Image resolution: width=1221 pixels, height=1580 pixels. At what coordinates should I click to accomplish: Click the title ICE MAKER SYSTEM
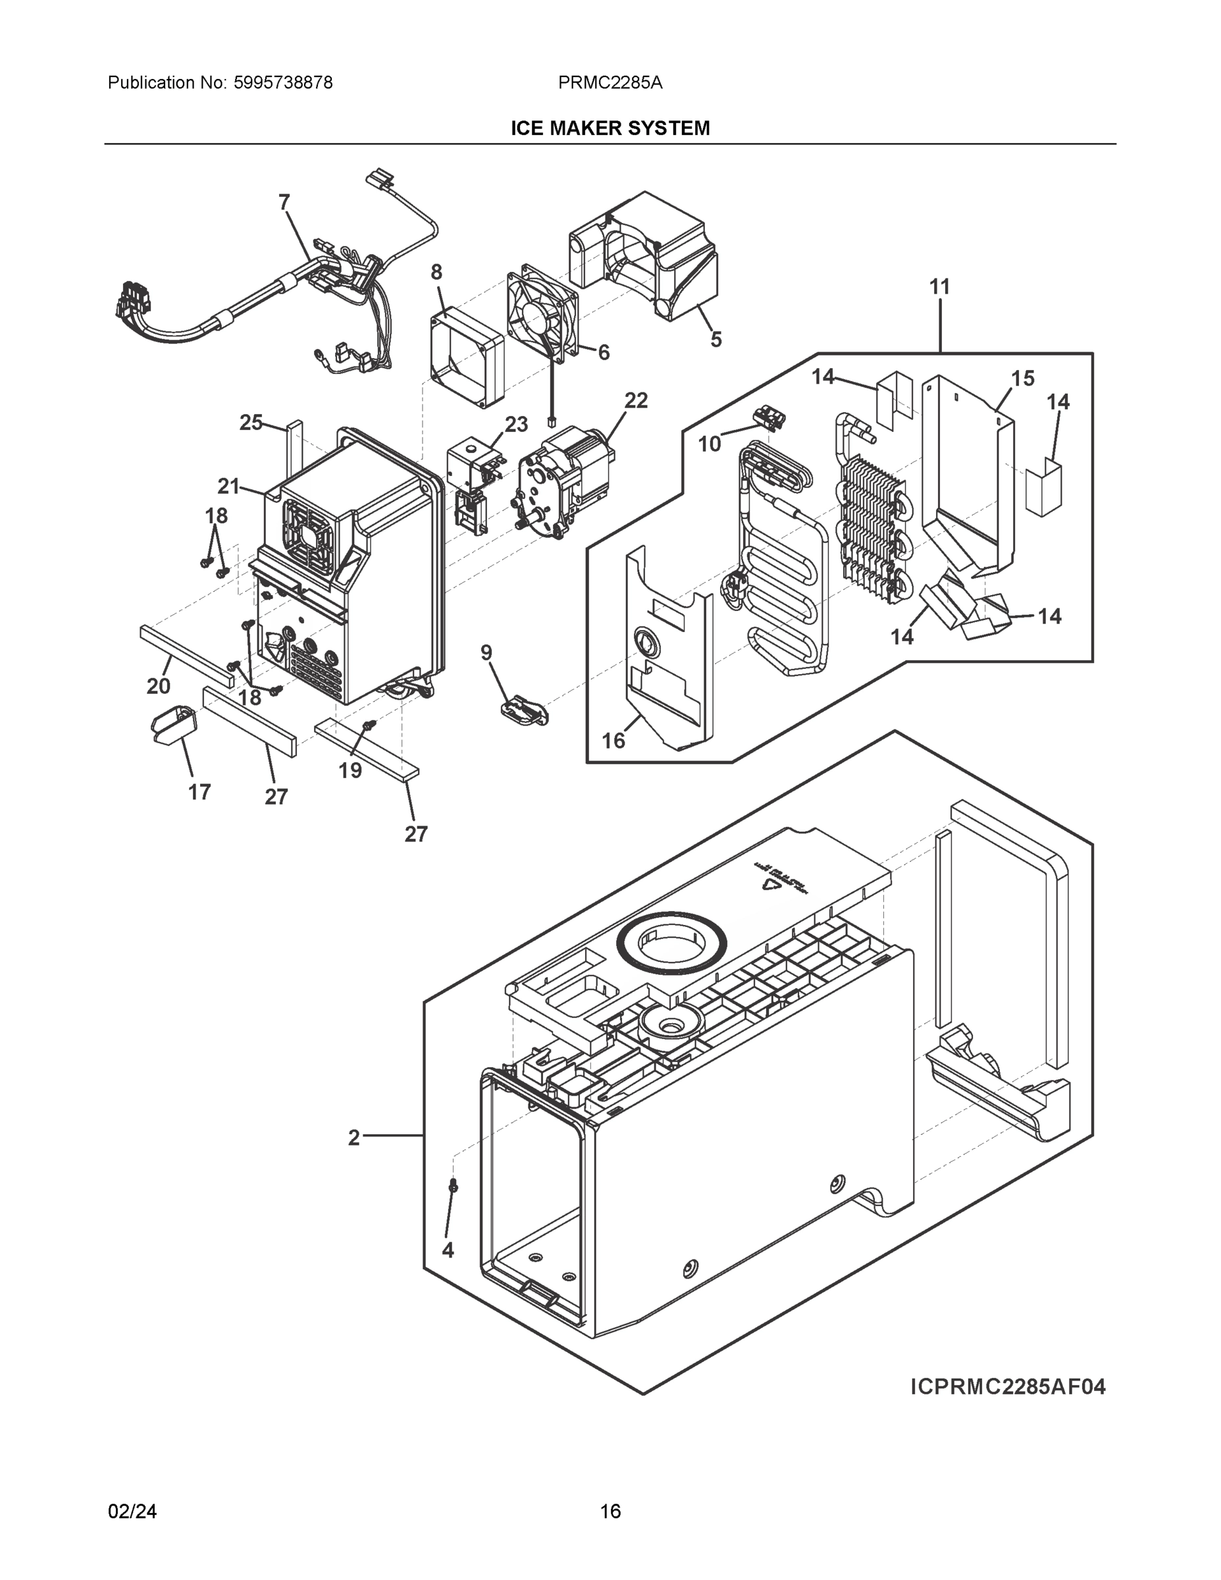pos(610,128)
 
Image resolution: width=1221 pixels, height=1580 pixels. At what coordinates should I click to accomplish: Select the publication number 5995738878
pos(283,82)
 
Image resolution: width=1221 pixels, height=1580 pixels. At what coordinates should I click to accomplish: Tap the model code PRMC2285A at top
pos(610,82)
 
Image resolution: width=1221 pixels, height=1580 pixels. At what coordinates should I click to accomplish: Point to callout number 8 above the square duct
pos(436,272)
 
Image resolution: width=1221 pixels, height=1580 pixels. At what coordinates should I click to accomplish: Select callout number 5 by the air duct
pos(715,338)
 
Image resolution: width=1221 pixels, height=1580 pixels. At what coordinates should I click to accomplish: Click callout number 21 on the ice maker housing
pos(228,486)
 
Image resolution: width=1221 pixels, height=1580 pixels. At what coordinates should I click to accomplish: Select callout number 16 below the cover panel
pos(613,740)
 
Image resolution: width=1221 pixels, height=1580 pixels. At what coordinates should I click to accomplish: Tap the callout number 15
pos(1023,378)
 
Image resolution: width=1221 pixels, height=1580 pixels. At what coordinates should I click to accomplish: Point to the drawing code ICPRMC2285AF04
pos(1008,1387)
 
